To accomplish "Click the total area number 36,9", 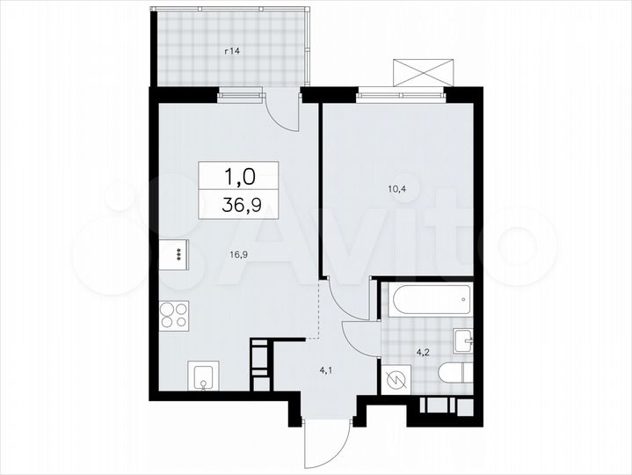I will [238, 208].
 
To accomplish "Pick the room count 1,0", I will [239, 177].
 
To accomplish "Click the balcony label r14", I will [232, 52].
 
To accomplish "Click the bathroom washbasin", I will [464, 339].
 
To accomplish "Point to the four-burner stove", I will [173, 315].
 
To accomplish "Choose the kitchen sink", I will [204, 377].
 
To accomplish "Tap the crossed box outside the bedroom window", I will [425, 71].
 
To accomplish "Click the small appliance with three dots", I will [176, 254].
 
